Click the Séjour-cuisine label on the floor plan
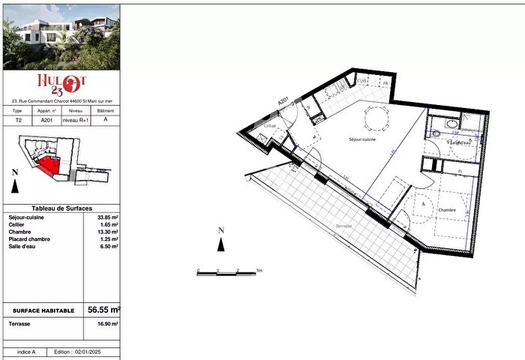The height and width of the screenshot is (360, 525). (362, 139)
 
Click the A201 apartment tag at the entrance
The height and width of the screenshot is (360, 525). (283, 100)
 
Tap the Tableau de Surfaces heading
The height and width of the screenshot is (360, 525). (61, 208)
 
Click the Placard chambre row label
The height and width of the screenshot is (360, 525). (28, 238)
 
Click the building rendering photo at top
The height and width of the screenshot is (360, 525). (61, 36)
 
